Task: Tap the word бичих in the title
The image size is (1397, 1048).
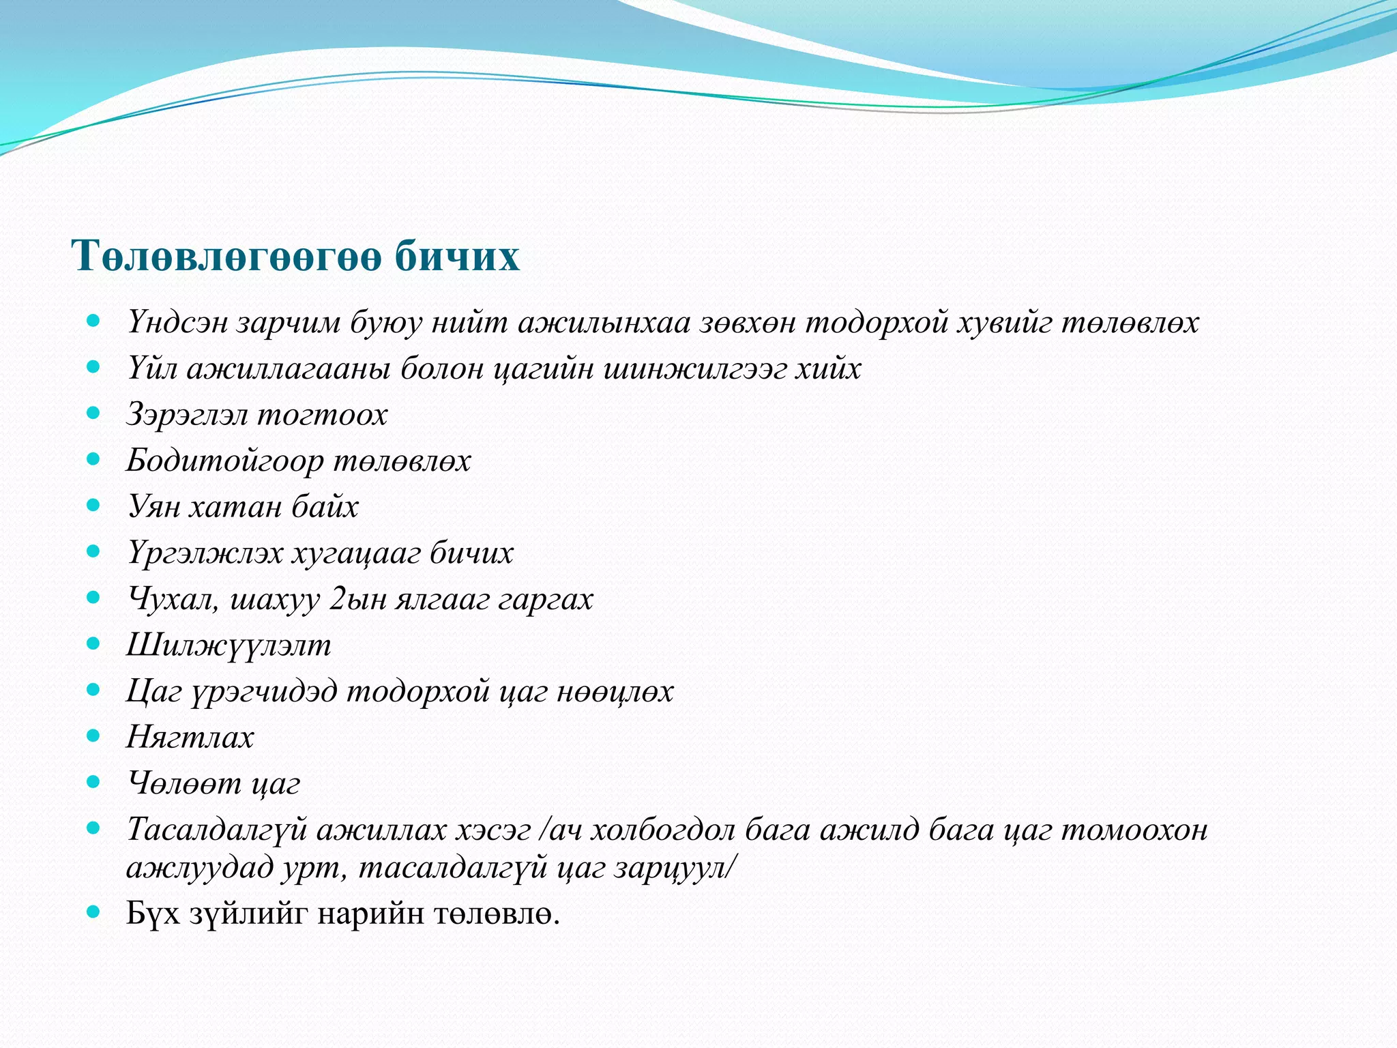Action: tap(457, 257)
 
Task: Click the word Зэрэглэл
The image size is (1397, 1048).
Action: tap(186, 415)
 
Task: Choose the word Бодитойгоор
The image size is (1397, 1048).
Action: tap(225, 461)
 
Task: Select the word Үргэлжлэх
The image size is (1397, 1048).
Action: tap(205, 553)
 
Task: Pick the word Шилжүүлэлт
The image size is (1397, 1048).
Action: tap(229, 645)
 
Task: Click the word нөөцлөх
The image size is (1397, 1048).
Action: tap(615, 692)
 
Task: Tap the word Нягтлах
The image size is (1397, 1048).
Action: tap(190, 738)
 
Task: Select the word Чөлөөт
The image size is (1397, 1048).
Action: tap(184, 784)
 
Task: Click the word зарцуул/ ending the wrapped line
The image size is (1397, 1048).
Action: tap(675, 869)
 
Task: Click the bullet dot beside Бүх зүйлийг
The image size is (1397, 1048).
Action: tap(94, 911)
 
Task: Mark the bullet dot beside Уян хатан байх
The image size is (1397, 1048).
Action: tap(94, 505)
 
